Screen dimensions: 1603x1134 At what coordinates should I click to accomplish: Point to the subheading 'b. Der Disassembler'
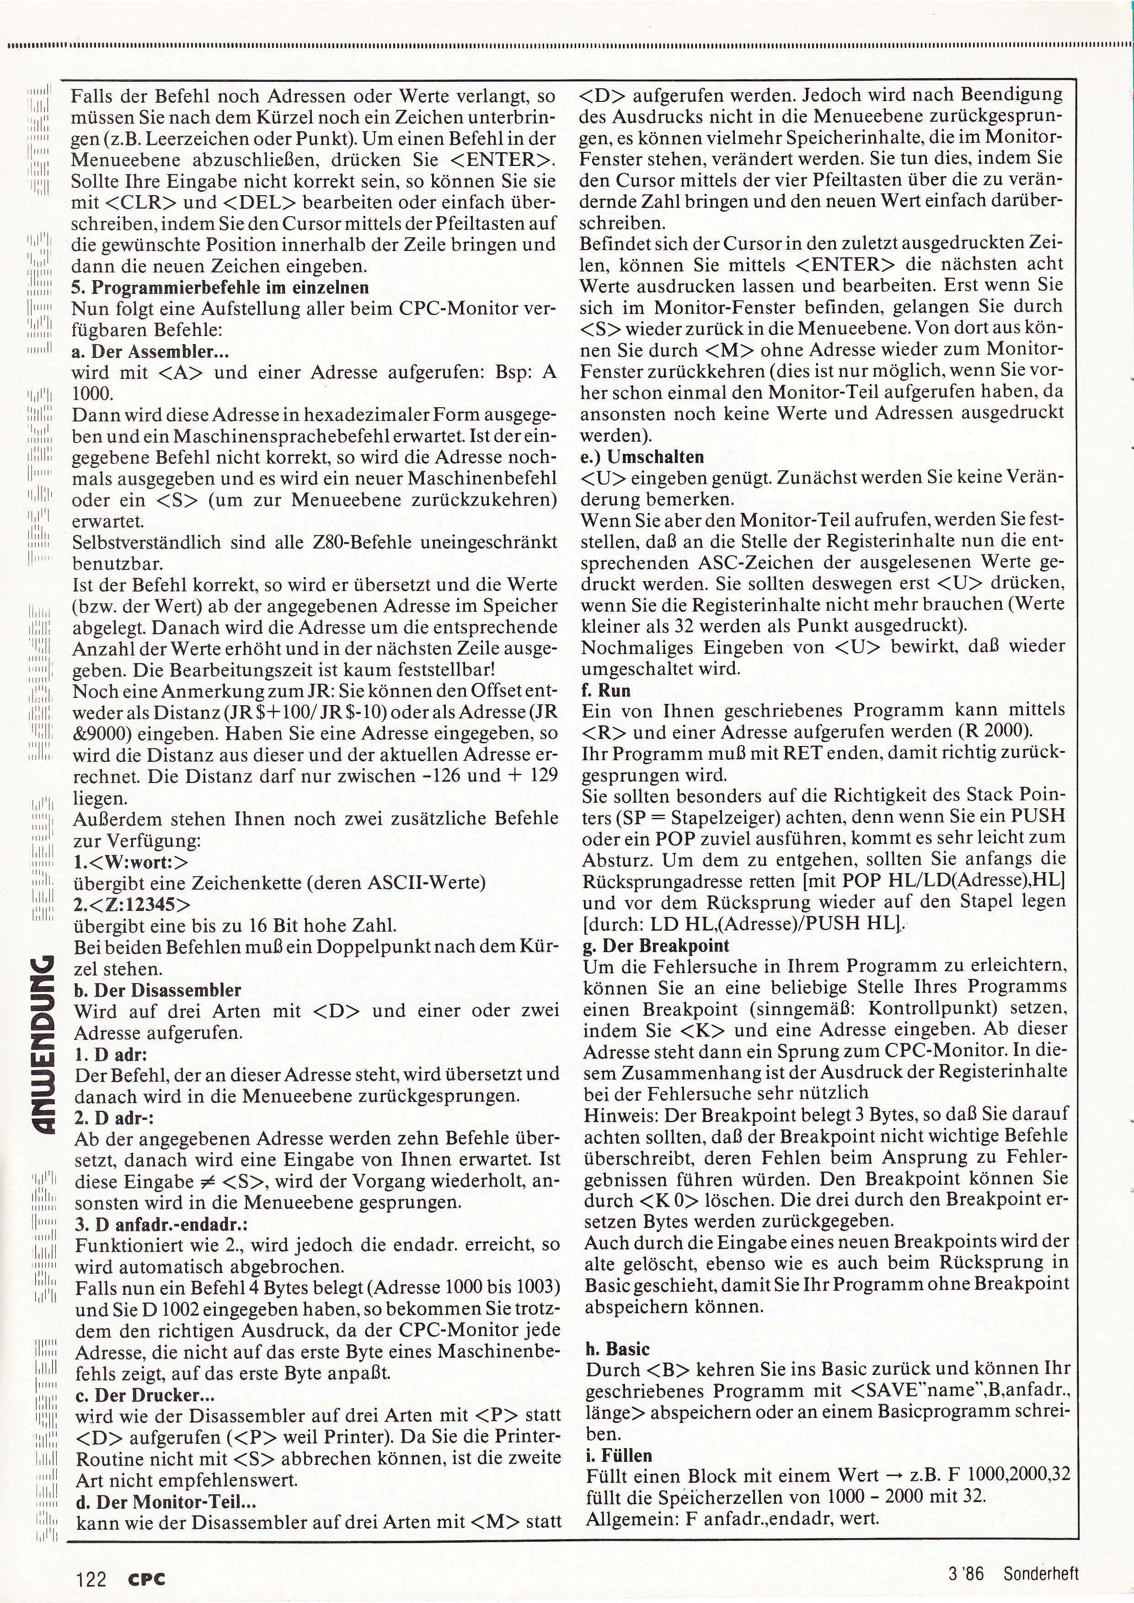pyautogui.click(x=157, y=990)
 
